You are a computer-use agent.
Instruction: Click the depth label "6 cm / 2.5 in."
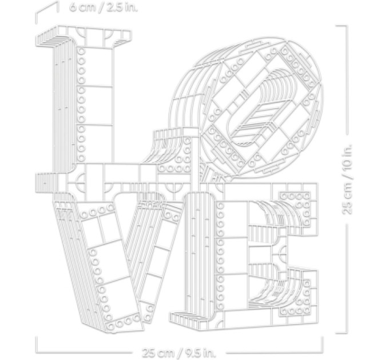coord(103,7)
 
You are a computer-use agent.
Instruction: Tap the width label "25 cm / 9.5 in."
coord(179,353)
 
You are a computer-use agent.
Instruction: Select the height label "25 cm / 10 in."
coord(347,179)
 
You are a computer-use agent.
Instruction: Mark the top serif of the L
coord(84,36)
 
